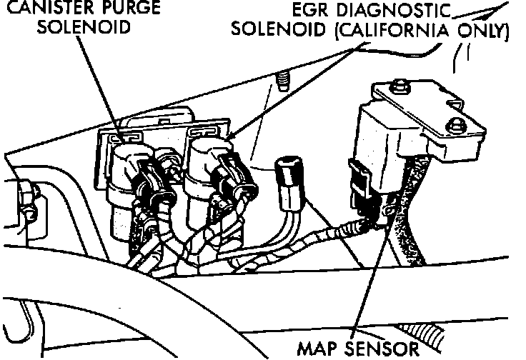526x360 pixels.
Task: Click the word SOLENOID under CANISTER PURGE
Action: pyautogui.click(x=84, y=27)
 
